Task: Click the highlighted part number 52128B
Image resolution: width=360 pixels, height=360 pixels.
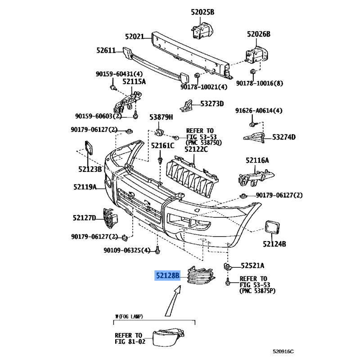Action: click(x=167, y=275)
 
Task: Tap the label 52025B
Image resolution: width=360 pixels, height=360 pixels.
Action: click(x=202, y=12)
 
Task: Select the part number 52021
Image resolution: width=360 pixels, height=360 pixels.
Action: click(x=135, y=36)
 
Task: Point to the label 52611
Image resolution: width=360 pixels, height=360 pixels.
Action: click(x=106, y=50)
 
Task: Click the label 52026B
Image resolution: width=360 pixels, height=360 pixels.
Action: click(x=259, y=34)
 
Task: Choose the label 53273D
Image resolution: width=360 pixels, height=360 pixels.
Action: click(x=212, y=104)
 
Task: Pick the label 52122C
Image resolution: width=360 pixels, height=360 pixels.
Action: click(x=196, y=149)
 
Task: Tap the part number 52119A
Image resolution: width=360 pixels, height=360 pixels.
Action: click(x=85, y=187)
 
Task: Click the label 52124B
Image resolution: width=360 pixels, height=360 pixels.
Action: click(x=274, y=244)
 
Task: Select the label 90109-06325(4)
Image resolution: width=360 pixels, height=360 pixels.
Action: click(x=127, y=250)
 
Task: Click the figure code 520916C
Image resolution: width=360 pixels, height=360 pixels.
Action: click(x=283, y=351)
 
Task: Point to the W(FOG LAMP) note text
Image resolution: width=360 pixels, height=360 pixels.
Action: click(x=129, y=316)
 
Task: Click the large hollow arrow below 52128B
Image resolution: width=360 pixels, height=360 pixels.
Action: click(x=173, y=301)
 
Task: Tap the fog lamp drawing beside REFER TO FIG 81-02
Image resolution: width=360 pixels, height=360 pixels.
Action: click(x=168, y=337)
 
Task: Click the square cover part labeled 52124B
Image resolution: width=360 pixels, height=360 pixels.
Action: click(x=272, y=227)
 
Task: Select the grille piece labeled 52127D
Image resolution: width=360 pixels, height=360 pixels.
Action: click(x=110, y=218)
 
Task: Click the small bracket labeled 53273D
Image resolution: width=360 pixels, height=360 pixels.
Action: click(x=186, y=106)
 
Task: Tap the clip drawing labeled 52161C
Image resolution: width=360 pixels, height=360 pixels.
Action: click(x=160, y=160)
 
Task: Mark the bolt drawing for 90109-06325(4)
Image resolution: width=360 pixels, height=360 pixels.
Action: click(x=157, y=250)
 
